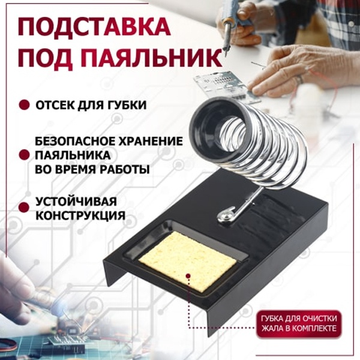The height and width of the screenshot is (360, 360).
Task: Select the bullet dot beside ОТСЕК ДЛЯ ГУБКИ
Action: click(x=24, y=105)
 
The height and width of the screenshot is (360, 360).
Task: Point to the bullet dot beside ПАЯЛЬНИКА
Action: click(x=24, y=155)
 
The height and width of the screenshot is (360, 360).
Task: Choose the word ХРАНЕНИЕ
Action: click(x=151, y=141)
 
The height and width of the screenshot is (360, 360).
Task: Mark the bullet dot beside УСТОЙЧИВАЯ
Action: click(x=24, y=208)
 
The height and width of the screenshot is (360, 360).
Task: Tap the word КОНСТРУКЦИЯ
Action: click(x=80, y=215)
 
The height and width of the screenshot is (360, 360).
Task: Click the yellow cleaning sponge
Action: click(x=188, y=261)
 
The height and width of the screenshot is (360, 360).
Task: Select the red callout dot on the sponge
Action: click(x=188, y=276)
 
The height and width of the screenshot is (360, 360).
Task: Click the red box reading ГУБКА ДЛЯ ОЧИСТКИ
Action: click(x=299, y=325)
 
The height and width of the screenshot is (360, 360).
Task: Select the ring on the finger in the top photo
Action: click(x=299, y=79)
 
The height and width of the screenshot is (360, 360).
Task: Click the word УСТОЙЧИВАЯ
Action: click(x=76, y=202)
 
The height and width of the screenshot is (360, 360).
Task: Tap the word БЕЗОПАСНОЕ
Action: click(x=75, y=141)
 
